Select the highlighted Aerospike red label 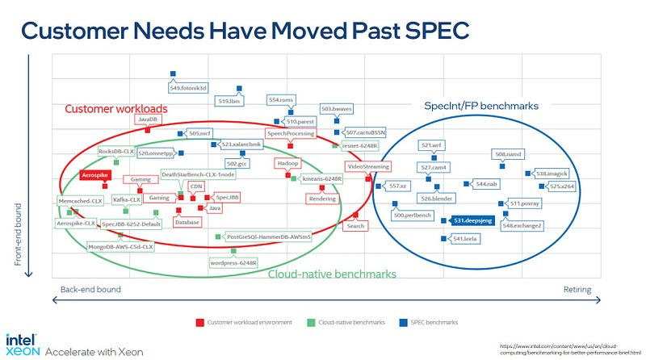click(94, 174)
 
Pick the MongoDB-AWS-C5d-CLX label click(120, 247)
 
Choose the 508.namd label click(510, 153)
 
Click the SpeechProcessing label click(290, 133)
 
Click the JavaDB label click(147, 119)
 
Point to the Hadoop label click(288, 163)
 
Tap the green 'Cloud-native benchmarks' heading click(332, 274)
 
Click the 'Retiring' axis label click(577, 289)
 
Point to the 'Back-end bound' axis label click(90, 289)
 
